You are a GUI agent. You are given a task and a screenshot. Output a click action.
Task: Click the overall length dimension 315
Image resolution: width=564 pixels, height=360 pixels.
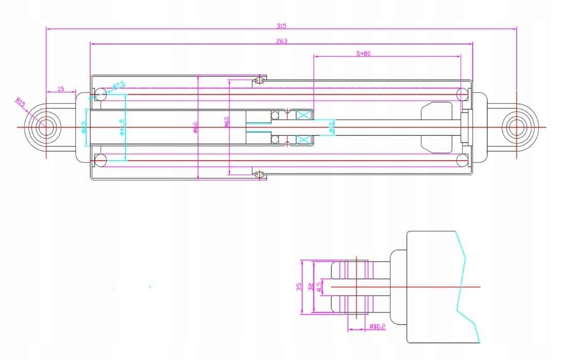tap(281, 26)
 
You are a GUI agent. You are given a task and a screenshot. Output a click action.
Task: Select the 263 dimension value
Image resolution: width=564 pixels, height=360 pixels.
tap(281, 41)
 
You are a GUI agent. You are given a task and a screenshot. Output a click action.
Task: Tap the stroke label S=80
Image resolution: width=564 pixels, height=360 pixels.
tap(363, 53)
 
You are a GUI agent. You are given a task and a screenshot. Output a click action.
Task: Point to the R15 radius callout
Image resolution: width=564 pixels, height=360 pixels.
tap(20, 103)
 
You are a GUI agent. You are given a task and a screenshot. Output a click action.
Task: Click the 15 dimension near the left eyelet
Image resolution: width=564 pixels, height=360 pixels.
tap(61, 89)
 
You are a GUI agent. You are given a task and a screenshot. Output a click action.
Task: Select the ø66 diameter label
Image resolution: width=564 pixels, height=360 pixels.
tap(195, 127)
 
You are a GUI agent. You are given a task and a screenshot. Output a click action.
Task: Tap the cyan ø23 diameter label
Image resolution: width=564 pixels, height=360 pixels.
tap(84, 127)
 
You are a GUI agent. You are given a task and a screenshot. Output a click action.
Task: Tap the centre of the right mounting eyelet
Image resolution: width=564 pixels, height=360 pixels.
tap(516, 127)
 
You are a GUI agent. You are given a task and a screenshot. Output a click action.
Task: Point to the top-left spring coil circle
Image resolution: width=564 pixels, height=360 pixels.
tap(100, 94)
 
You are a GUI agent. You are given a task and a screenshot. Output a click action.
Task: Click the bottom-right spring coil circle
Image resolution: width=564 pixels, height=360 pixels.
tap(462, 161)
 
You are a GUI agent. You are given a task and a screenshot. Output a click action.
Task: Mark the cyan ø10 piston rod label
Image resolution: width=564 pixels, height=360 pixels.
tap(331, 127)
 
